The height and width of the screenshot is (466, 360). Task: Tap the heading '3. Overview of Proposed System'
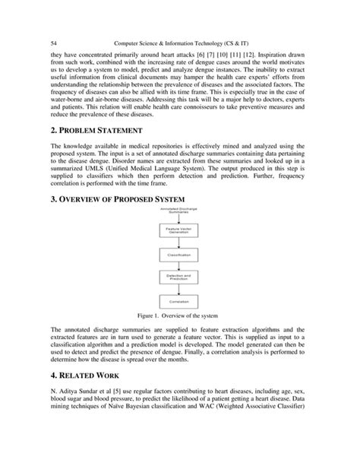click(x=122, y=200)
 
